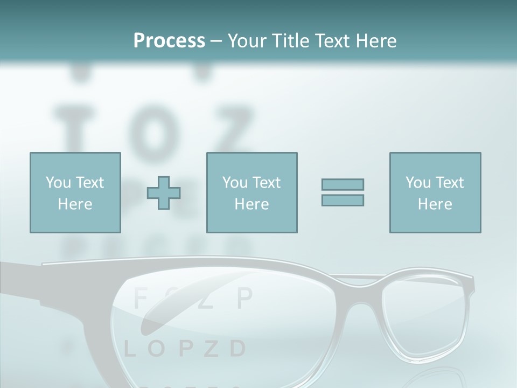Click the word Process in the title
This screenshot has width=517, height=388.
pyautogui.click(x=169, y=40)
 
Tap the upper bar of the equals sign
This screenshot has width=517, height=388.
pyautogui.click(x=343, y=184)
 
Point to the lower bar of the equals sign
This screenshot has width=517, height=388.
pyautogui.click(x=343, y=200)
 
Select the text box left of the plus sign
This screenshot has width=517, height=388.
pyautogui.click(x=75, y=192)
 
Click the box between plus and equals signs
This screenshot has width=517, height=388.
pyautogui.click(x=252, y=192)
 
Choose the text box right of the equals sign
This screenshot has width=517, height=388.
pyautogui.click(x=435, y=192)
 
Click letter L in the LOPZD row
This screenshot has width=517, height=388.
pyautogui.click(x=129, y=349)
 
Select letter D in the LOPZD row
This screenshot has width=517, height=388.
pyautogui.click(x=237, y=349)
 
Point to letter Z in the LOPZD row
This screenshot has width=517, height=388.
pyautogui.click(x=211, y=349)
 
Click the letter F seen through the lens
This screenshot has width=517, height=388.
pyautogui.click(x=140, y=297)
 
